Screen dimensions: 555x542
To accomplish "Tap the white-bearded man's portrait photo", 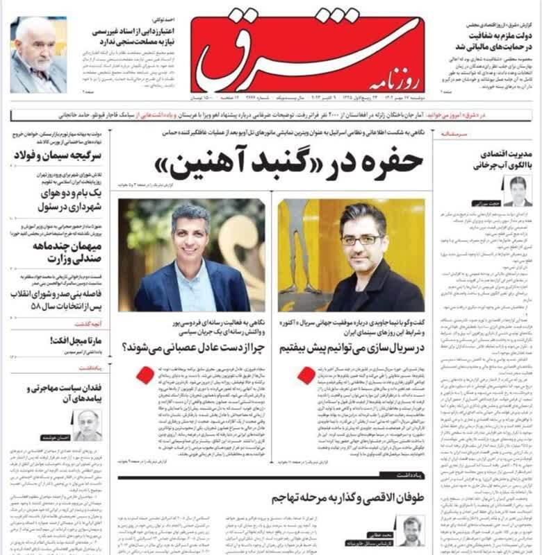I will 38,55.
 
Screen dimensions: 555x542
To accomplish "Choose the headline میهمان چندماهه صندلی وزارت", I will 59,252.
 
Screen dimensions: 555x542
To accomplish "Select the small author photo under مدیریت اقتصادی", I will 518,191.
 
